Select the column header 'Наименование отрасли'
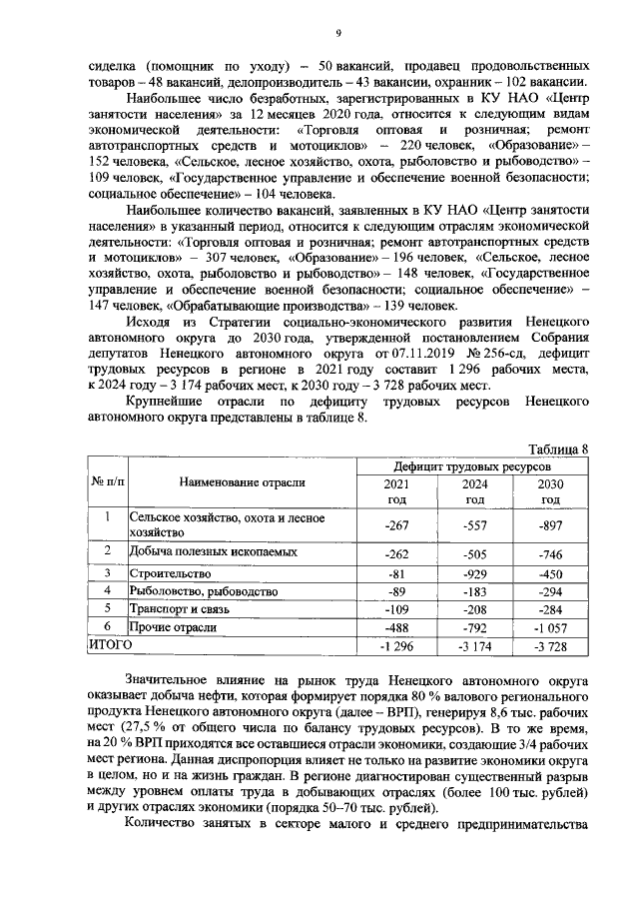(242, 482)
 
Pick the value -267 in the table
(397, 525)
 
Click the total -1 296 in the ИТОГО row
(397, 645)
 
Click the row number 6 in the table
(107, 625)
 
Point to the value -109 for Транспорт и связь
(397, 608)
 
